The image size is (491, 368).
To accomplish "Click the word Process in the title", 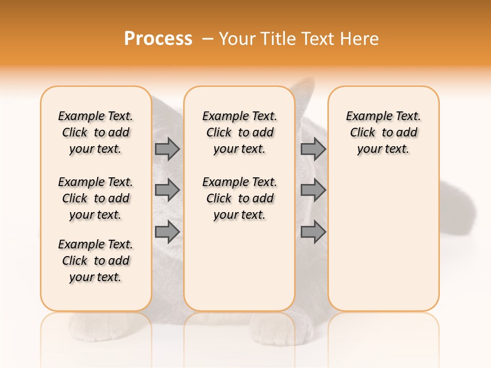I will click(x=158, y=38).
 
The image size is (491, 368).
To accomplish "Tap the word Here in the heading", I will click(x=359, y=39).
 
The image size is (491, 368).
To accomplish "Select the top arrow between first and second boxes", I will click(x=167, y=149).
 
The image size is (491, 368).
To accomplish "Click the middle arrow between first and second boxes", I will click(x=167, y=190).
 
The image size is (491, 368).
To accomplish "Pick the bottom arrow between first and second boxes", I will click(x=167, y=232).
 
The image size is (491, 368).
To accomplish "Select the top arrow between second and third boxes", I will click(x=313, y=149).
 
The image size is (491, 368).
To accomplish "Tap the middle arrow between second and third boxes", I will click(x=313, y=190).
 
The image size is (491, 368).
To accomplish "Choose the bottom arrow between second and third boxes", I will click(x=313, y=232).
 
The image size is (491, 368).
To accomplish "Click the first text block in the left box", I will click(x=96, y=132).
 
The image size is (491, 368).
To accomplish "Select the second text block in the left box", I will click(x=96, y=198).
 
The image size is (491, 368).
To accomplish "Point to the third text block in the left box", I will click(x=96, y=261).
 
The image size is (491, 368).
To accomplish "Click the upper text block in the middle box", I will click(x=239, y=132).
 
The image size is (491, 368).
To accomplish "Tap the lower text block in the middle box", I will click(x=239, y=198).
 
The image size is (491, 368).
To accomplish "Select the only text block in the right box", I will click(x=383, y=132).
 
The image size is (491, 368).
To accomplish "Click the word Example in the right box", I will click(x=365, y=116).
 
